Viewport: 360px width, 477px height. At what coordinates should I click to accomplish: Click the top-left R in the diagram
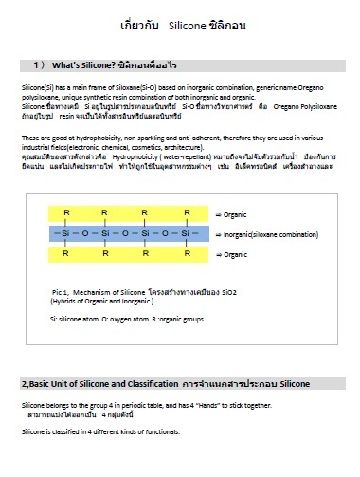pos(64,211)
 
